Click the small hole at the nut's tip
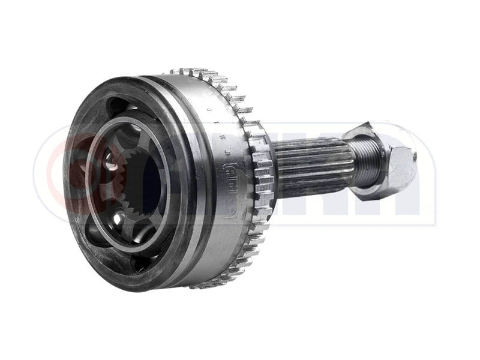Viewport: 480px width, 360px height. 413,157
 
